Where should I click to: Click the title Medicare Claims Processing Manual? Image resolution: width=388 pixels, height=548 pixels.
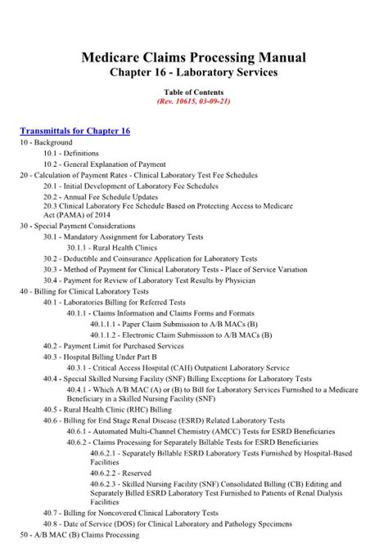coord(194,57)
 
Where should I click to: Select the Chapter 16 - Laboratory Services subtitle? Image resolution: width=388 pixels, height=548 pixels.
coord(194,73)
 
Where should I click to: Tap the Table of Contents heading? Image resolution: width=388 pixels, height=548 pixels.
coord(194,94)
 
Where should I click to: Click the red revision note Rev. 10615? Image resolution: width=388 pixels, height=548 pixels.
coord(194,104)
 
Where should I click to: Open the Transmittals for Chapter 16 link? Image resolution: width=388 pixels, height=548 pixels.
coord(74,131)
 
